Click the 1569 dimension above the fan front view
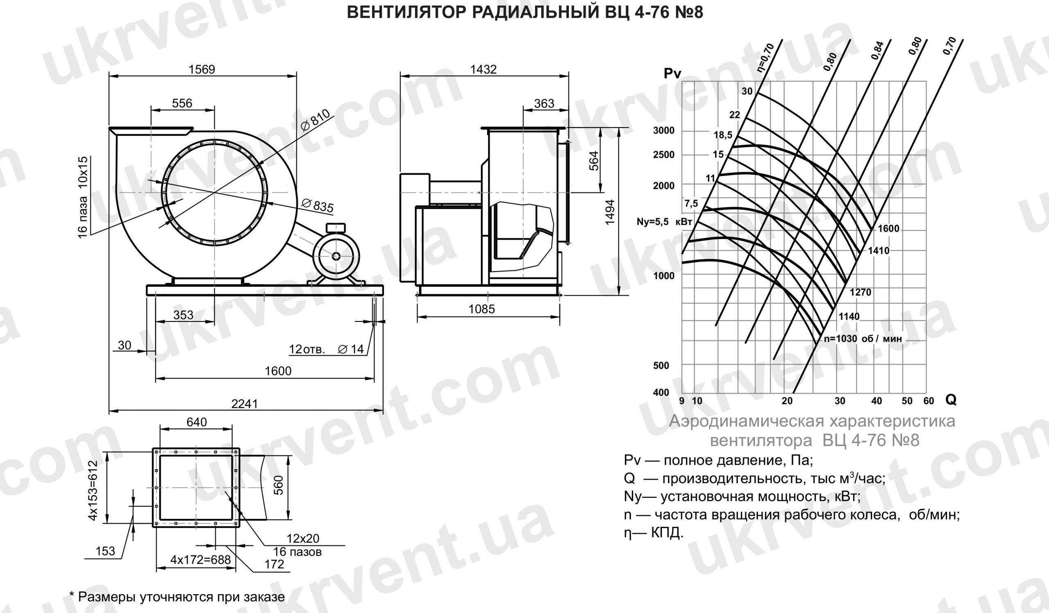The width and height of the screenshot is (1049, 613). [x=202, y=69]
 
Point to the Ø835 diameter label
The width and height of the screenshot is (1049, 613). [x=317, y=205]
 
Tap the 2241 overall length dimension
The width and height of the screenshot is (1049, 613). [x=245, y=403]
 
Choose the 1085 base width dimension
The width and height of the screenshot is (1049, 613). [x=481, y=309]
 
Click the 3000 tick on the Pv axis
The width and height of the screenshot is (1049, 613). [x=663, y=130]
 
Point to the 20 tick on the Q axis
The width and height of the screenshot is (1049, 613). [x=787, y=401]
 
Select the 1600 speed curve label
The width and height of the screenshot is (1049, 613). [x=888, y=229]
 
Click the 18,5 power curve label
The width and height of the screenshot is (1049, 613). [x=723, y=135]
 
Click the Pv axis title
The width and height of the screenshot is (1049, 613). [x=672, y=74]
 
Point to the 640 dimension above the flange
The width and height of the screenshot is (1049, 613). [x=196, y=422]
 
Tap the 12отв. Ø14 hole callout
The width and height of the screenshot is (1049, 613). [x=326, y=349]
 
